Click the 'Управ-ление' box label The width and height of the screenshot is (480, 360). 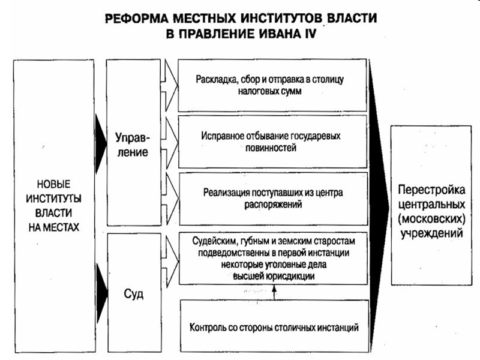coord(132,144)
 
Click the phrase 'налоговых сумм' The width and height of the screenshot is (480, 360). coord(272,93)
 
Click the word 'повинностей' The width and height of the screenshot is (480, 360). coord(272,148)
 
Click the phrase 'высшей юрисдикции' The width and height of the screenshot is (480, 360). coord(272,274)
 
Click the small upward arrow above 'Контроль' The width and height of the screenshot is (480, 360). coord(273,293)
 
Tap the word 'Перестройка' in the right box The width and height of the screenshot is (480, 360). coord(431,191)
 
